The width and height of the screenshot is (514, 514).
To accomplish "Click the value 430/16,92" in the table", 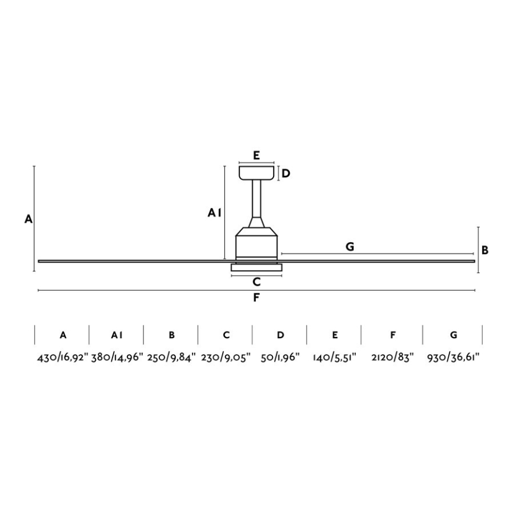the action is click(63, 357).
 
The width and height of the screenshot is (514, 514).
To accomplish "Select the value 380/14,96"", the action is click(117, 357).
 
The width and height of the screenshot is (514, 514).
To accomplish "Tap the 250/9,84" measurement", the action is click(172, 357).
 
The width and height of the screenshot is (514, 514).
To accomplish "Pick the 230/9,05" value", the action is click(226, 357).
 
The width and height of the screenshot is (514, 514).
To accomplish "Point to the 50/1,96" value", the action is click(280, 357).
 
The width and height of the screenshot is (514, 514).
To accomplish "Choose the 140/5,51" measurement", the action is click(335, 357).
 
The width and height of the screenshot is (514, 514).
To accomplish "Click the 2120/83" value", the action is click(393, 357).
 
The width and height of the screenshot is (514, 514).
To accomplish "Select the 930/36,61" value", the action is click(454, 357).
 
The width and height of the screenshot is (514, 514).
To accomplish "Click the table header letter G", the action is click(454, 335).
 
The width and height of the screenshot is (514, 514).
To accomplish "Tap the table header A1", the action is click(117, 335).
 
